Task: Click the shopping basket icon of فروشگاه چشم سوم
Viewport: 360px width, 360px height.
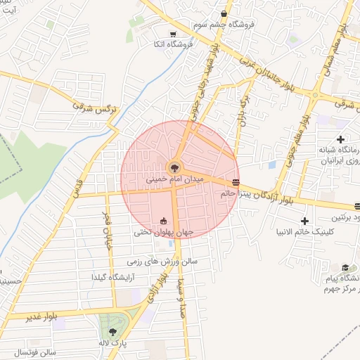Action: pyautogui.click(x=224, y=13)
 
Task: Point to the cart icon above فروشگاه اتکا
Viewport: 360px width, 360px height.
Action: pyautogui.click(x=173, y=34)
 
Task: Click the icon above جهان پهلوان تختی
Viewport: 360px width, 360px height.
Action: pyautogui.click(x=164, y=221)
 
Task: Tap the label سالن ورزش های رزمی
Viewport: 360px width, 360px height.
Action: pyautogui.click(x=163, y=262)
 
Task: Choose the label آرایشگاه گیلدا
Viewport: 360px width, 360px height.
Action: pyautogui.click(x=112, y=278)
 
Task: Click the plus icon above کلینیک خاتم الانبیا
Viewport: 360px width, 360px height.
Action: pyautogui.click(x=304, y=221)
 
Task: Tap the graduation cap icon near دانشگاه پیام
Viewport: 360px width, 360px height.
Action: pyautogui.click(x=345, y=267)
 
